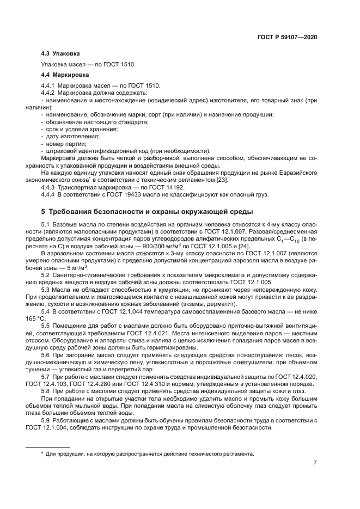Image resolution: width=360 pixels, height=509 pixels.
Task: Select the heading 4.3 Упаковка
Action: click(60, 54)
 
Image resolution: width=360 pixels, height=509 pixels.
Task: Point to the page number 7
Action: click(315, 463)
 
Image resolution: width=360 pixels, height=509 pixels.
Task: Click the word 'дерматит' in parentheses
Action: click(223, 295)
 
